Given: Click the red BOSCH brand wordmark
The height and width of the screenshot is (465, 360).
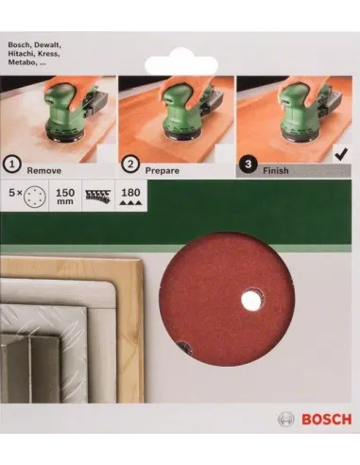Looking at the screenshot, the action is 326,420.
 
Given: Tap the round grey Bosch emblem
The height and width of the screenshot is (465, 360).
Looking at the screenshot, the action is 286,420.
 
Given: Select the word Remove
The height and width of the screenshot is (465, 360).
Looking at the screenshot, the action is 44,171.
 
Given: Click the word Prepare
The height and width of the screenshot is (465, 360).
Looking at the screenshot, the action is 162,171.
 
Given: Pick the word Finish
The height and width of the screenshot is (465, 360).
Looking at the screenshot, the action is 276,170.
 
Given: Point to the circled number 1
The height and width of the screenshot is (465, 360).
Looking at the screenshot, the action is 12,164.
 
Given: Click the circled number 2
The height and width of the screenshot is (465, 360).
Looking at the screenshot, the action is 130,164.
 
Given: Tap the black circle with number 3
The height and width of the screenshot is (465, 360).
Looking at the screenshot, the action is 249,164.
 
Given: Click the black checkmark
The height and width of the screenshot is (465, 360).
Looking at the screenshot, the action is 342,155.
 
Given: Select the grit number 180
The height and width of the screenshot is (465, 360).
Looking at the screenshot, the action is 130,192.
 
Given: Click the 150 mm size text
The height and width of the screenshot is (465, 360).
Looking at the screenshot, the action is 65,196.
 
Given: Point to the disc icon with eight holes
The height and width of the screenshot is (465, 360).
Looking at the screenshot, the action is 35,197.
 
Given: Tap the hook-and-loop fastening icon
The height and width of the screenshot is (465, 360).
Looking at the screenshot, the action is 98,196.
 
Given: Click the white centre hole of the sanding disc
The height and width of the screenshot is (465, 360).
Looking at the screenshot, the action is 251,300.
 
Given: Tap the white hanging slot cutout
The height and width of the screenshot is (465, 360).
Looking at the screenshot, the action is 180,62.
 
